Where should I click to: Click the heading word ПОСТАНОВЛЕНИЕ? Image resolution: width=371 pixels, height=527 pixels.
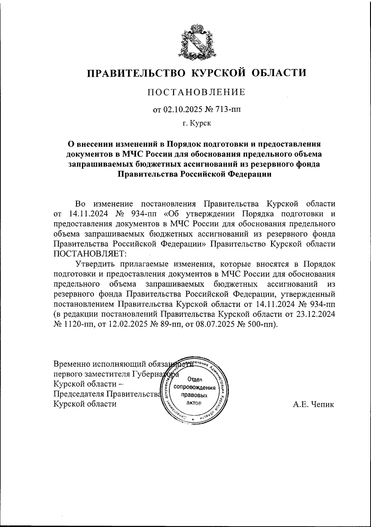pyautogui.click(x=196, y=92)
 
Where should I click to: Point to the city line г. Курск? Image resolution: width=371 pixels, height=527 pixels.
pyautogui.click(x=196, y=123)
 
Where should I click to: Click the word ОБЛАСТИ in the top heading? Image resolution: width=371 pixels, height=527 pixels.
pyautogui.click(x=279, y=73)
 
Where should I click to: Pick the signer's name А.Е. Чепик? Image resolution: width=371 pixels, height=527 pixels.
pyautogui.click(x=313, y=404)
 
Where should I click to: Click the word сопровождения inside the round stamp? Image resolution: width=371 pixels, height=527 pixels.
pyautogui.click(x=195, y=387)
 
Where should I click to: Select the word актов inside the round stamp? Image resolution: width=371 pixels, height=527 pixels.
pyautogui.click(x=194, y=403)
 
